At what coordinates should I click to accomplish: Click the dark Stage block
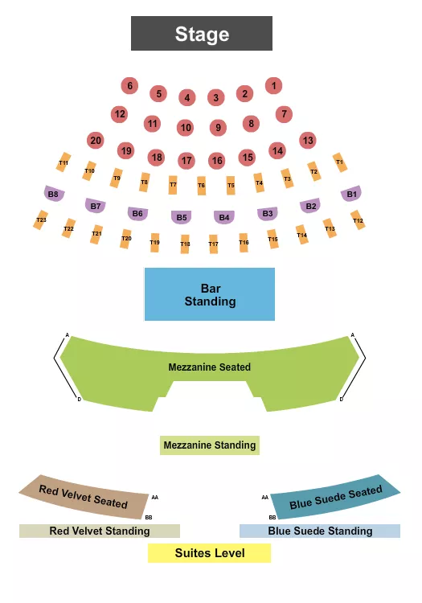point(202,34)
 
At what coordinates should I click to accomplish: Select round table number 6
point(129,85)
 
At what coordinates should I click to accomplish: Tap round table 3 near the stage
point(215,98)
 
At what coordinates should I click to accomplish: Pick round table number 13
point(307,140)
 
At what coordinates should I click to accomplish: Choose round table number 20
point(96,141)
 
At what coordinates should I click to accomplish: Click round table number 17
point(186,161)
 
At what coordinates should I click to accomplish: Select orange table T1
point(339,162)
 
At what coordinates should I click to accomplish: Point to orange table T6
point(201,185)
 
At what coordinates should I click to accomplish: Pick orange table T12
point(358,219)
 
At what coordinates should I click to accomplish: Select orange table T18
point(185,244)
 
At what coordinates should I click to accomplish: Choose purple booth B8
point(54,193)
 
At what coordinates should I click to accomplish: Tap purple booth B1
point(351,193)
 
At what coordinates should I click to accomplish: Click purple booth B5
point(182,216)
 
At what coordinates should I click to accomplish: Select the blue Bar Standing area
point(210,294)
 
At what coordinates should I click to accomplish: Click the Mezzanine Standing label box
point(210,445)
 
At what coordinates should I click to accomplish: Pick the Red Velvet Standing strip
point(100,531)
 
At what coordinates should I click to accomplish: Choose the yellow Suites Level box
point(210,553)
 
